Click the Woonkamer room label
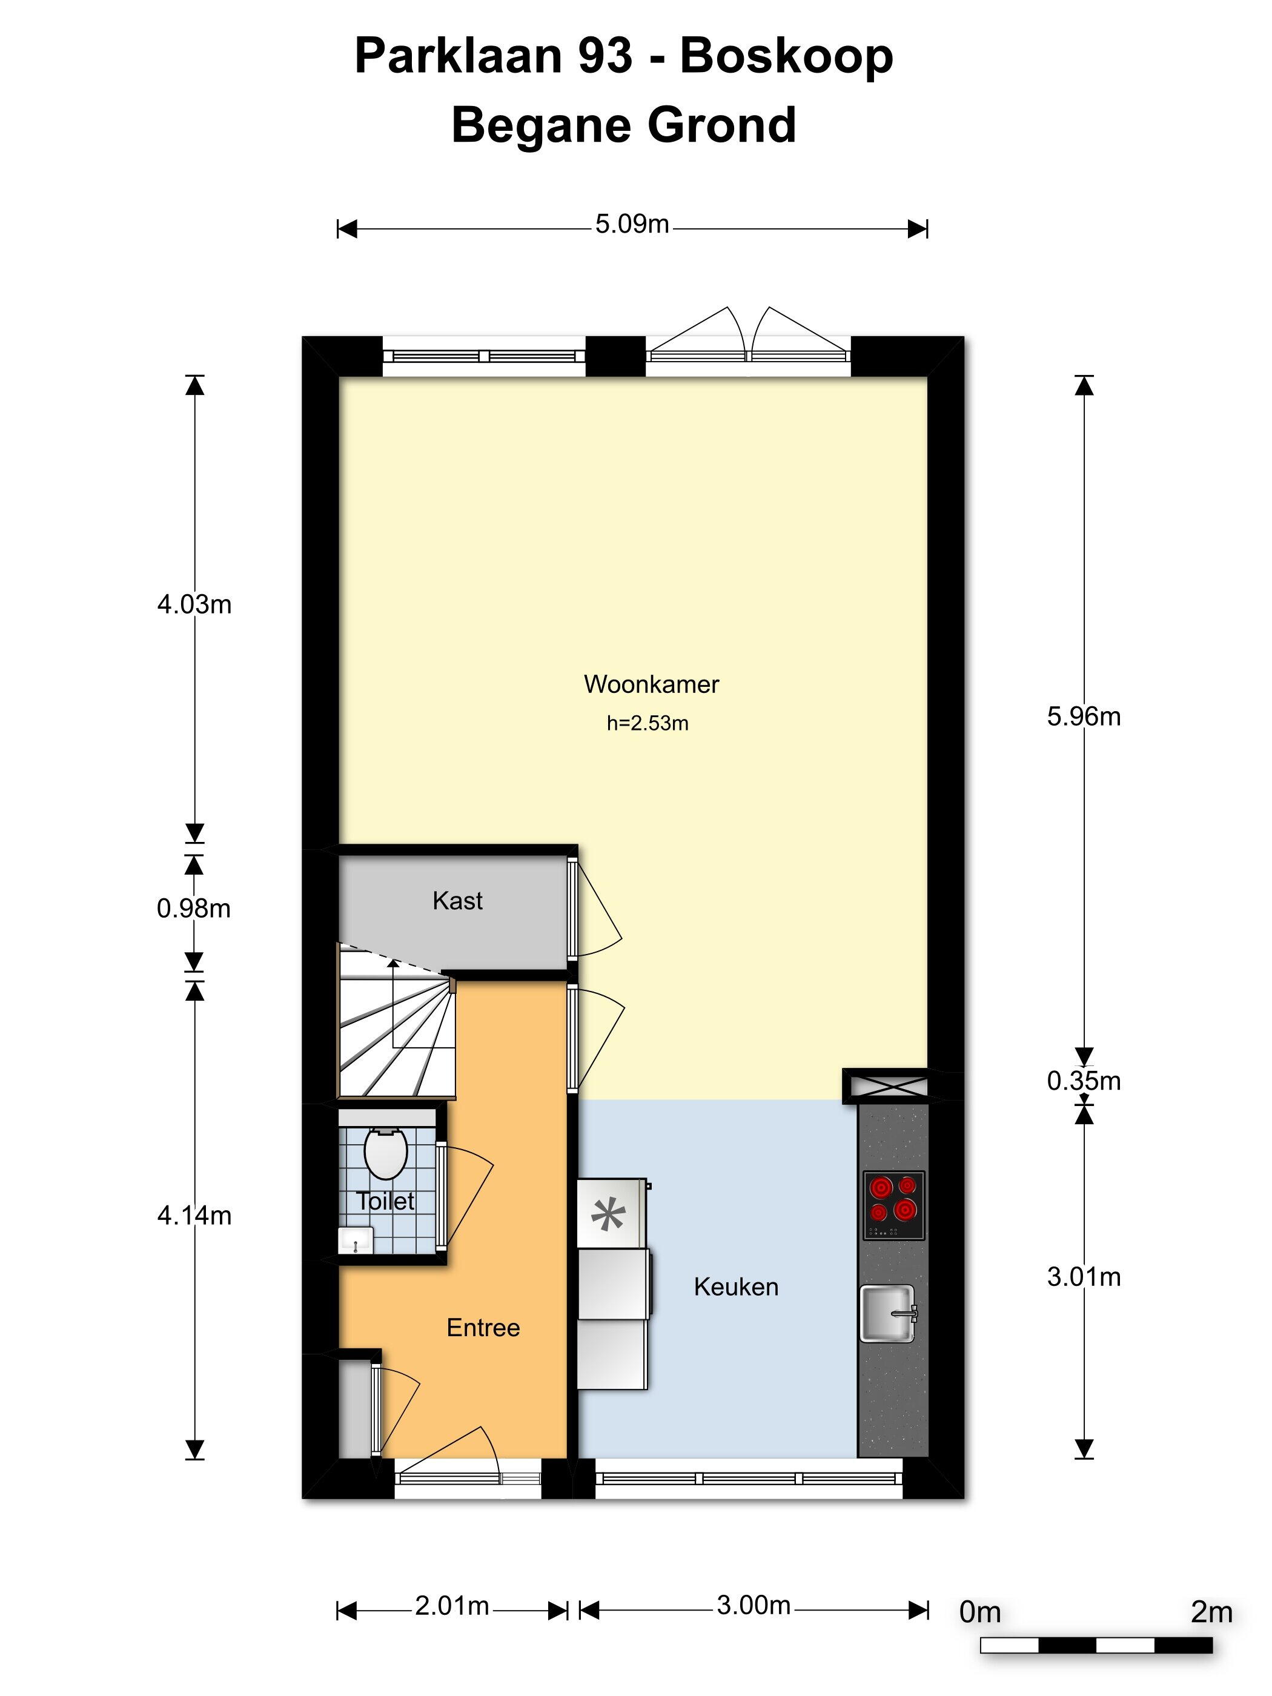click(651, 684)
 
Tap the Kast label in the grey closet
click(458, 900)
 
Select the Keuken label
click(736, 1287)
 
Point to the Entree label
click(483, 1327)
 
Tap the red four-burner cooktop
click(893, 1205)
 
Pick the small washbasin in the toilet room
click(356, 1241)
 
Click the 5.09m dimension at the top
click(632, 224)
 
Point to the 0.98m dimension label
click(193, 909)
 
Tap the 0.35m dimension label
click(1084, 1081)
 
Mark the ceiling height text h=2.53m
click(648, 723)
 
